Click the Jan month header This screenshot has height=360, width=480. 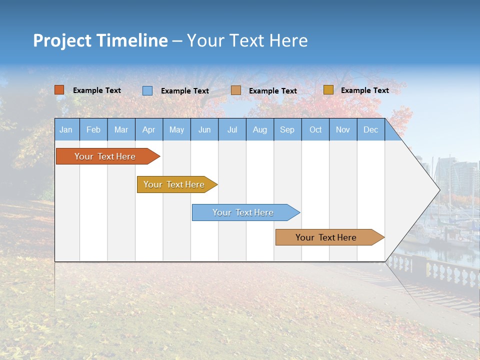click(x=66, y=129)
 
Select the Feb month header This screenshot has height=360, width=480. click(x=93, y=129)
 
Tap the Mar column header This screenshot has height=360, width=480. click(x=121, y=129)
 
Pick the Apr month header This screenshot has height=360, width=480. click(x=148, y=129)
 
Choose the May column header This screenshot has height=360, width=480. click(x=176, y=129)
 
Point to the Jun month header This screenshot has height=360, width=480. click(x=204, y=129)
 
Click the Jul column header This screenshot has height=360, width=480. click(x=232, y=129)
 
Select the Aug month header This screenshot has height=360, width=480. click(x=260, y=129)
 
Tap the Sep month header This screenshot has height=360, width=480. click(x=287, y=129)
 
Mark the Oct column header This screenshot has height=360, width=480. click(x=315, y=129)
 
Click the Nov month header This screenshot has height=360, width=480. click(x=343, y=129)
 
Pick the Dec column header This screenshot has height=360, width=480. click(x=371, y=129)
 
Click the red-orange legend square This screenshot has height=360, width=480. click(x=59, y=90)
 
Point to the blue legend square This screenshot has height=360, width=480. click(x=147, y=90)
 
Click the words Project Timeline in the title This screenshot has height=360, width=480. click(x=100, y=40)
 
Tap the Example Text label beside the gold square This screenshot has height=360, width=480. click(x=364, y=90)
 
